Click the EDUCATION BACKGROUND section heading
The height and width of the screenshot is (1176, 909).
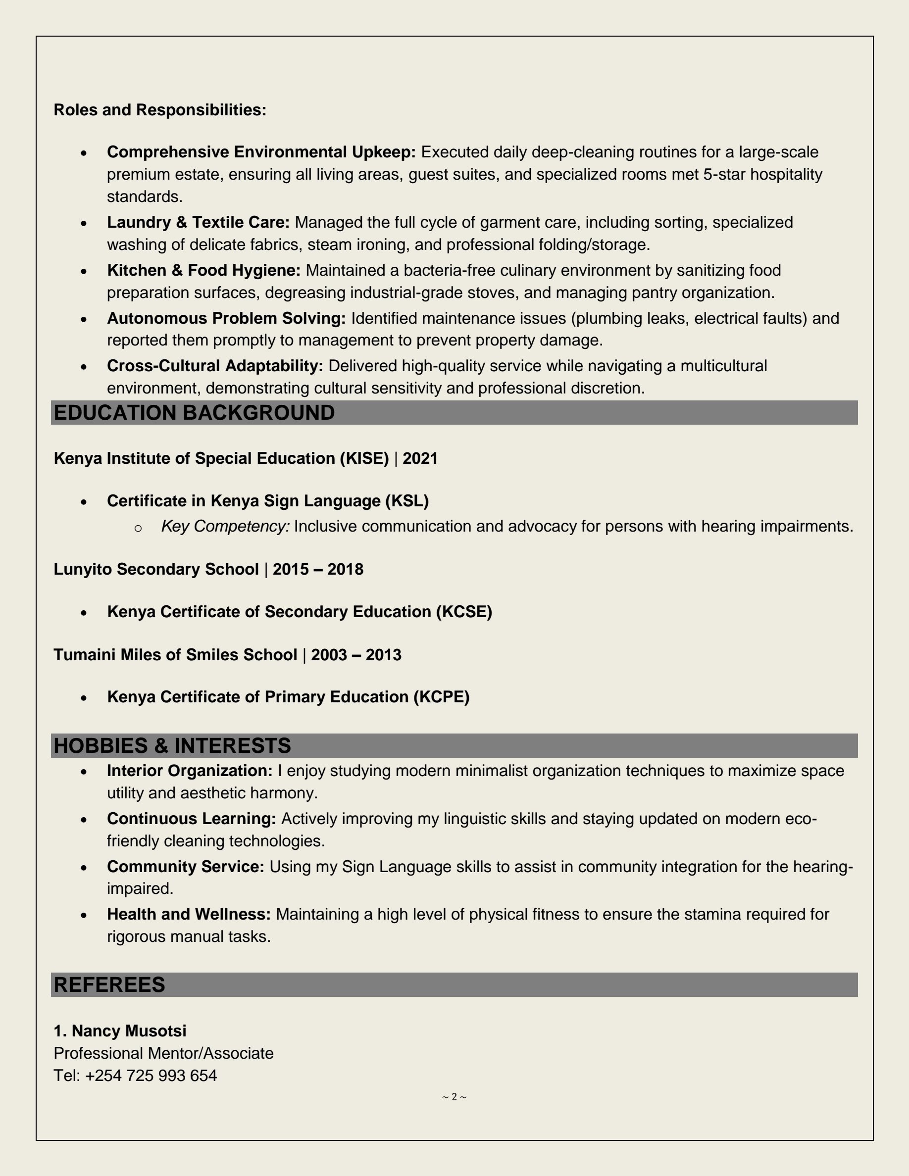tap(194, 413)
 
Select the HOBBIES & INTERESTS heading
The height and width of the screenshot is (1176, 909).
tap(172, 746)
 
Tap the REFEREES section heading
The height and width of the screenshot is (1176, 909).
tap(109, 985)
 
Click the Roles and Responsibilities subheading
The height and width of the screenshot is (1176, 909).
tap(160, 110)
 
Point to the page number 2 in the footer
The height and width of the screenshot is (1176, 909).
tap(454, 1097)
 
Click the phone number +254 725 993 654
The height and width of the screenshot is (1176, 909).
tap(151, 1076)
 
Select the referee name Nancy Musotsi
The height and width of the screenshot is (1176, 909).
tap(129, 1030)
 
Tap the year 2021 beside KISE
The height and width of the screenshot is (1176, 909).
tap(420, 458)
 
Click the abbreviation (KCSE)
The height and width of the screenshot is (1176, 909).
tap(463, 612)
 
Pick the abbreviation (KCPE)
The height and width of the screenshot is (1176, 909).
tap(441, 697)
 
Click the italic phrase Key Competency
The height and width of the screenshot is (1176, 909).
tap(225, 526)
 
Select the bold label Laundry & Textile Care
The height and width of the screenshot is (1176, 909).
tap(198, 222)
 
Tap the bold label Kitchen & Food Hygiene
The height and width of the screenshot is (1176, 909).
tap(203, 270)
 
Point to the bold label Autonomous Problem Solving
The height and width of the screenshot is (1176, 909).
tap(226, 318)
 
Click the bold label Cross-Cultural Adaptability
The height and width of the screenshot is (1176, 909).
tap(215, 366)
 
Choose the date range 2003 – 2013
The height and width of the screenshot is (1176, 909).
tap(356, 655)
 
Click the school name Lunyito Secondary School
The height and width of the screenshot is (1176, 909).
tap(156, 569)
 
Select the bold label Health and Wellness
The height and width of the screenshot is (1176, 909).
tap(189, 914)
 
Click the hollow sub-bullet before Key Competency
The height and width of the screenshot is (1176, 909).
tap(138, 528)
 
